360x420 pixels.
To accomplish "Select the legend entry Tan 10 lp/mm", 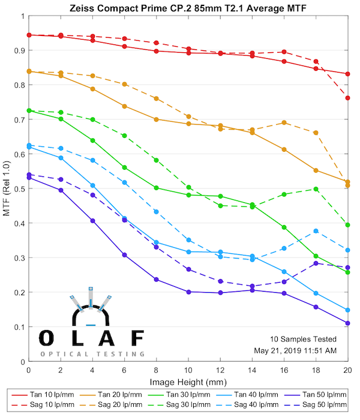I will pyautogui.click(x=49, y=395).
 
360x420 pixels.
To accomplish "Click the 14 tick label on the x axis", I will pyautogui.click(x=252, y=373).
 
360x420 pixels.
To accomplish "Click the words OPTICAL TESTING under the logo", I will pyautogui.click(x=92, y=355).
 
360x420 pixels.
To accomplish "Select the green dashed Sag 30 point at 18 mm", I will pyautogui.click(x=316, y=189).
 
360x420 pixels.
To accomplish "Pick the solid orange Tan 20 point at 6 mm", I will pyautogui.click(x=124, y=106).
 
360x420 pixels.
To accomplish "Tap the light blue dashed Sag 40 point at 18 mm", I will pyautogui.click(x=316, y=231).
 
